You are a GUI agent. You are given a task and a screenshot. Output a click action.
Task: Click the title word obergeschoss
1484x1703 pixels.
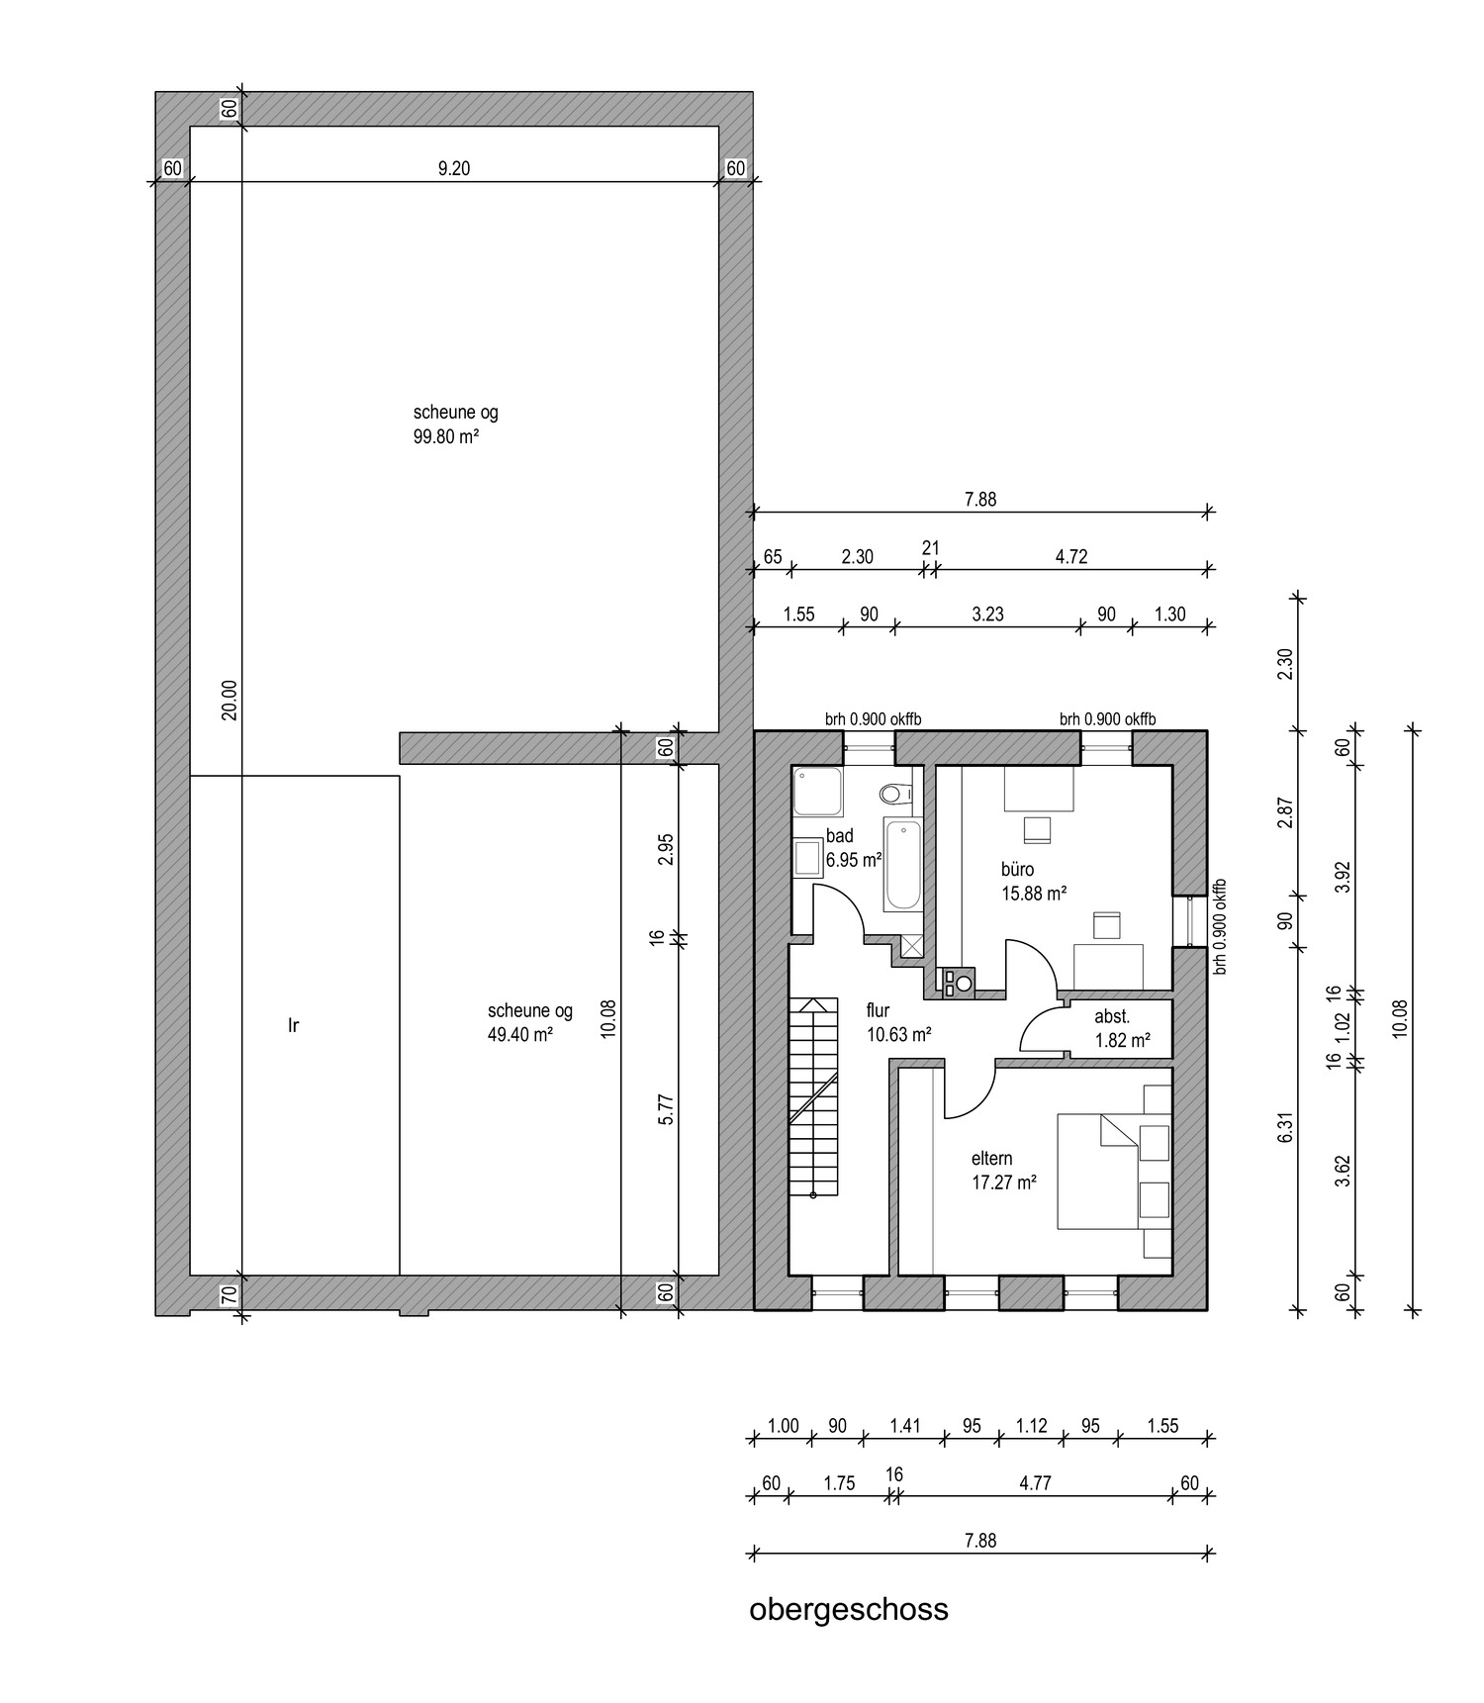(x=849, y=1609)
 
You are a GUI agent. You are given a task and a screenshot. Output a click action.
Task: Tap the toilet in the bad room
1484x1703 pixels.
(x=897, y=793)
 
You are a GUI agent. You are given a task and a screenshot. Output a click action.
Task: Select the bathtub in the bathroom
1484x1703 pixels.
(x=902, y=864)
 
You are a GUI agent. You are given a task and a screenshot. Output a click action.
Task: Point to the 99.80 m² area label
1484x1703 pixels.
(x=446, y=436)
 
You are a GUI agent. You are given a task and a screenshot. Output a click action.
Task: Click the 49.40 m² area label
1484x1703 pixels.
(x=519, y=1034)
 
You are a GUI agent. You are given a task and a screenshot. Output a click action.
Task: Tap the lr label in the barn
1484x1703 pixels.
(x=293, y=1025)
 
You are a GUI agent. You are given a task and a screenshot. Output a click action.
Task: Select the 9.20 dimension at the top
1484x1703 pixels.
(x=454, y=168)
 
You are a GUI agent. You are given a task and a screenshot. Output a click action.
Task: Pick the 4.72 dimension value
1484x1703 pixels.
(x=1070, y=556)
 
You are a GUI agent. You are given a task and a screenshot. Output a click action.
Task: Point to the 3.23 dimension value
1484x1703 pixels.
(x=987, y=614)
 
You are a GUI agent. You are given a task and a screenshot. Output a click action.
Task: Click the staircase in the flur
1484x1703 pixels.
(x=814, y=1098)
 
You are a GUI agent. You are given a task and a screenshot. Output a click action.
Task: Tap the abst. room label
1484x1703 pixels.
(x=1112, y=1017)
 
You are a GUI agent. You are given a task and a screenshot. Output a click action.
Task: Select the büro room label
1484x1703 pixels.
(x=1018, y=870)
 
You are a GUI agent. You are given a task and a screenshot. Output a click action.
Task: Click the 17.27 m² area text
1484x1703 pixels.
(x=1004, y=1182)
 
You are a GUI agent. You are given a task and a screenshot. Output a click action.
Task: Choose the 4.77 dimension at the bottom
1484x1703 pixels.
(x=1035, y=1483)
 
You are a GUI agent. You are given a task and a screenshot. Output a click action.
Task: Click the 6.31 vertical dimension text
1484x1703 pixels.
(x=1285, y=1128)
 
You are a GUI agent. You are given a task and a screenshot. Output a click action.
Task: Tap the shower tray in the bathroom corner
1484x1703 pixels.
(x=817, y=791)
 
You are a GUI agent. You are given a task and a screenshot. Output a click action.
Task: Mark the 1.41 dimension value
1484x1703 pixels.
(x=905, y=1426)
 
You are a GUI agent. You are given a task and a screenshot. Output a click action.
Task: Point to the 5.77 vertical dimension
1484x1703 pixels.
(x=666, y=1108)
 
